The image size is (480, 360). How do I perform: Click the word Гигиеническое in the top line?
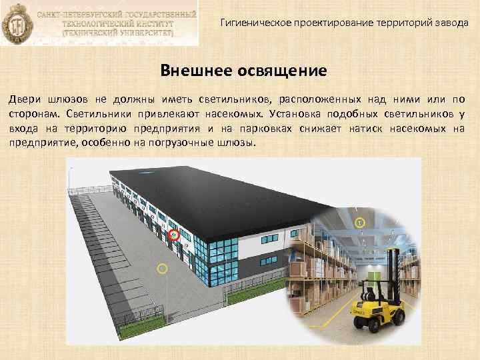251,22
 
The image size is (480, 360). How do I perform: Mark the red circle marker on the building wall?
175,234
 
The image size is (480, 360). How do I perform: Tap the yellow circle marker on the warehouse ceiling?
359,221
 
